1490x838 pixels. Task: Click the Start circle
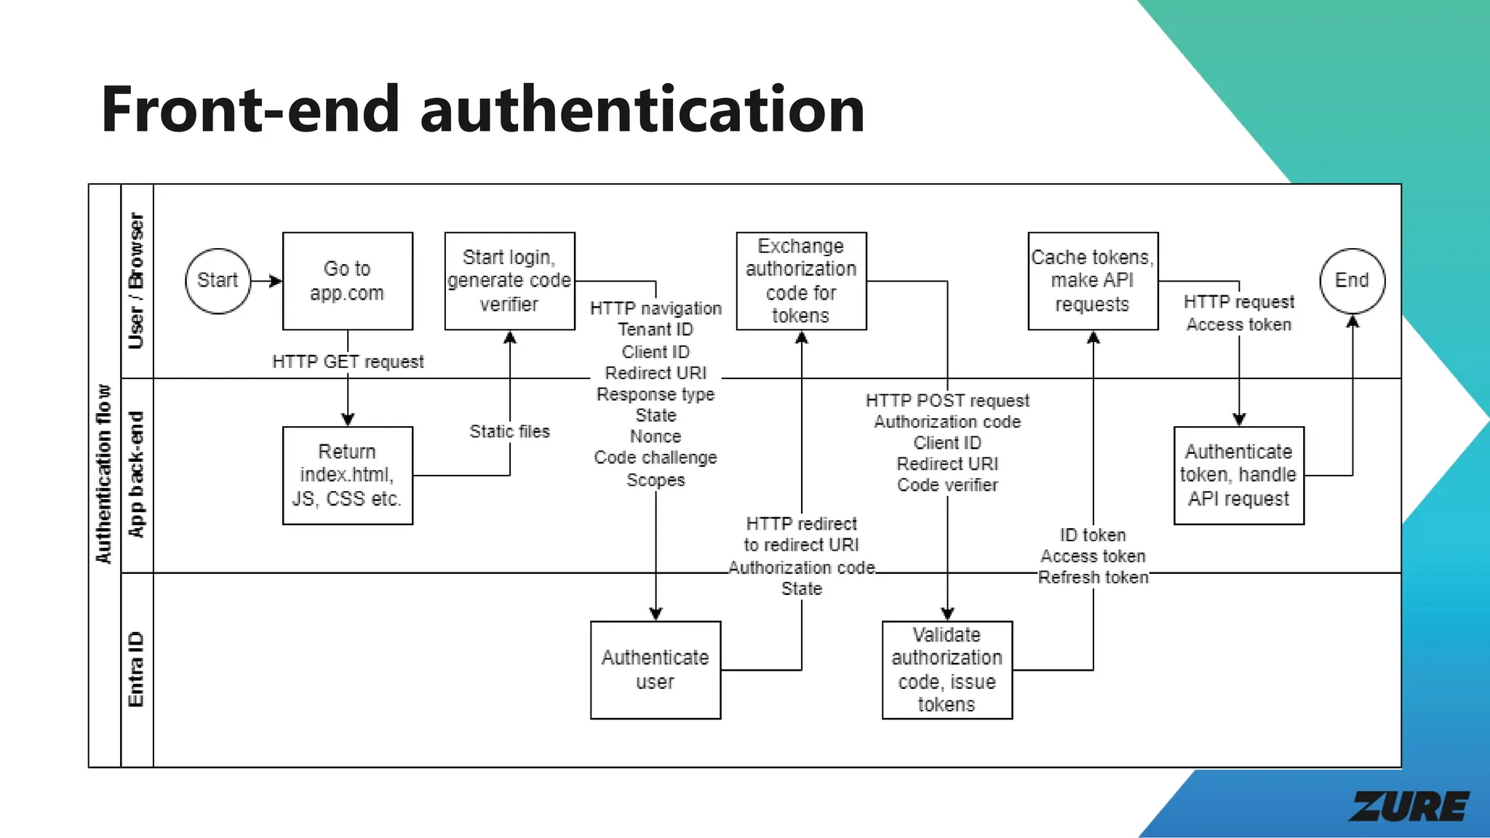(218, 281)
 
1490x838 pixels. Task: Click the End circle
(1352, 281)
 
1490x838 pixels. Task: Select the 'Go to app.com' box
(347, 281)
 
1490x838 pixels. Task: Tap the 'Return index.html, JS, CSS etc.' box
(347, 475)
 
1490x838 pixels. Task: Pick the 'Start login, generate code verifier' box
(509, 281)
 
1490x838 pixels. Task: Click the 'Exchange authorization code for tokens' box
(801, 281)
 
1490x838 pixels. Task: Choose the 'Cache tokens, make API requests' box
(1092, 281)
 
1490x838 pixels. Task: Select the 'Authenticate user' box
(655, 669)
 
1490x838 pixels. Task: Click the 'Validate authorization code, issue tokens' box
(947, 669)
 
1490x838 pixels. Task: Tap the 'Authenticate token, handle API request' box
(1238, 475)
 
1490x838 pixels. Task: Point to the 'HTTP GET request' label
(348, 362)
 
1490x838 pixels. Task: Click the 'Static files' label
(509, 431)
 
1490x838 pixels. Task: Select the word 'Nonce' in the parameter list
(656, 436)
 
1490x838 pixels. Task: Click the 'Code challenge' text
(656, 458)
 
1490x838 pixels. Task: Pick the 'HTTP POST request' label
(947, 401)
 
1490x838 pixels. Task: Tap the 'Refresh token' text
(1093, 578)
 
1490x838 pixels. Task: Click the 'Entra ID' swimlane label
(136, 669)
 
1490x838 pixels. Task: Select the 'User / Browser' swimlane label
(136, 281)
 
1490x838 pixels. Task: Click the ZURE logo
(1409, 807)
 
